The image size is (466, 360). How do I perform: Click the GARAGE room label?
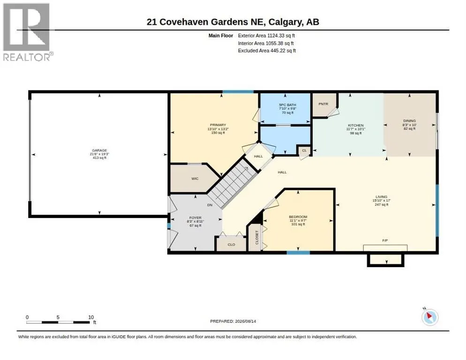99,150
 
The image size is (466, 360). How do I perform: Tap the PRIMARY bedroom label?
218,125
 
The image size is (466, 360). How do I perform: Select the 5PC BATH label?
287,105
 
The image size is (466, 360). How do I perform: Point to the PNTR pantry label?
323,104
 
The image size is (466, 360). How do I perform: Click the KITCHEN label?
356,126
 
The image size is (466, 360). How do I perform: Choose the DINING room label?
409,121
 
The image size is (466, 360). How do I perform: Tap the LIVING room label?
381,197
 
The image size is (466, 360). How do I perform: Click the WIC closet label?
195,179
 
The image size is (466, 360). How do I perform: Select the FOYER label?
195,218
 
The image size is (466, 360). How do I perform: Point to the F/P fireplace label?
385,240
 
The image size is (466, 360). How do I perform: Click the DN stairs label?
210,205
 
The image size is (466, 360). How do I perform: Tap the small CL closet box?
304,150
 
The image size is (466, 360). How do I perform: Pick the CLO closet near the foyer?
231,245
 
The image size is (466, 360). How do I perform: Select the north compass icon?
430,317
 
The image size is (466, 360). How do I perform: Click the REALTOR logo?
27,32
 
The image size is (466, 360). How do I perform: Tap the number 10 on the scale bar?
91,317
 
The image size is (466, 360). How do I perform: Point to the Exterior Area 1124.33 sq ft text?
266,36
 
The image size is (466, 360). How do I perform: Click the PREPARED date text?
233,322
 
